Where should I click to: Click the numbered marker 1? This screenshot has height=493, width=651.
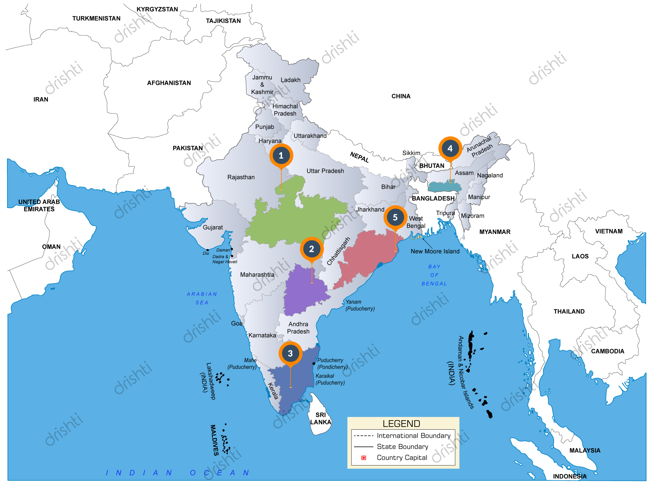(281, 155)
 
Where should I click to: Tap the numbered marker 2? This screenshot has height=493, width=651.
(312, 249)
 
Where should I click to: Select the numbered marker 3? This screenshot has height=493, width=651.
(290, 353)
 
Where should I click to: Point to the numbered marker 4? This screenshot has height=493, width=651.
(450, 148)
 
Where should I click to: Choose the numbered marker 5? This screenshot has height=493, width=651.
(395, 217)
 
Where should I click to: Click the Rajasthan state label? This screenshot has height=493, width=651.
(241, 177)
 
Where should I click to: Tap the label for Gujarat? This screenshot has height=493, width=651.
(213, 227)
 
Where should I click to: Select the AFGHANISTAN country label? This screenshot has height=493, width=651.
(169, 83)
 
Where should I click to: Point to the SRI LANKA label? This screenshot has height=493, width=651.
(321, 418)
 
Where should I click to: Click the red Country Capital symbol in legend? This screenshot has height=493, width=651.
(364, 458)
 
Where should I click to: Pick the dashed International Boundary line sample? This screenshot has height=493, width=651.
(363, 435)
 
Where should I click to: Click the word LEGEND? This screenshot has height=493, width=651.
(401, 424)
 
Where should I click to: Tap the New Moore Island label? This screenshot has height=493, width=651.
(435, 251)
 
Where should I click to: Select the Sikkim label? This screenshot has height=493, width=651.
(411, 153)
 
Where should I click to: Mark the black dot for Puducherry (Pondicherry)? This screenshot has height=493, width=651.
(314, 363)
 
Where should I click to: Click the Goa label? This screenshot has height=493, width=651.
(237, 323)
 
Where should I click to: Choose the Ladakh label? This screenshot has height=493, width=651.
(290, 80)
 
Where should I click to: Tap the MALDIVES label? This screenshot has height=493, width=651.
(215, 440)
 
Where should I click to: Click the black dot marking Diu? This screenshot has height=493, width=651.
(208, 250)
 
